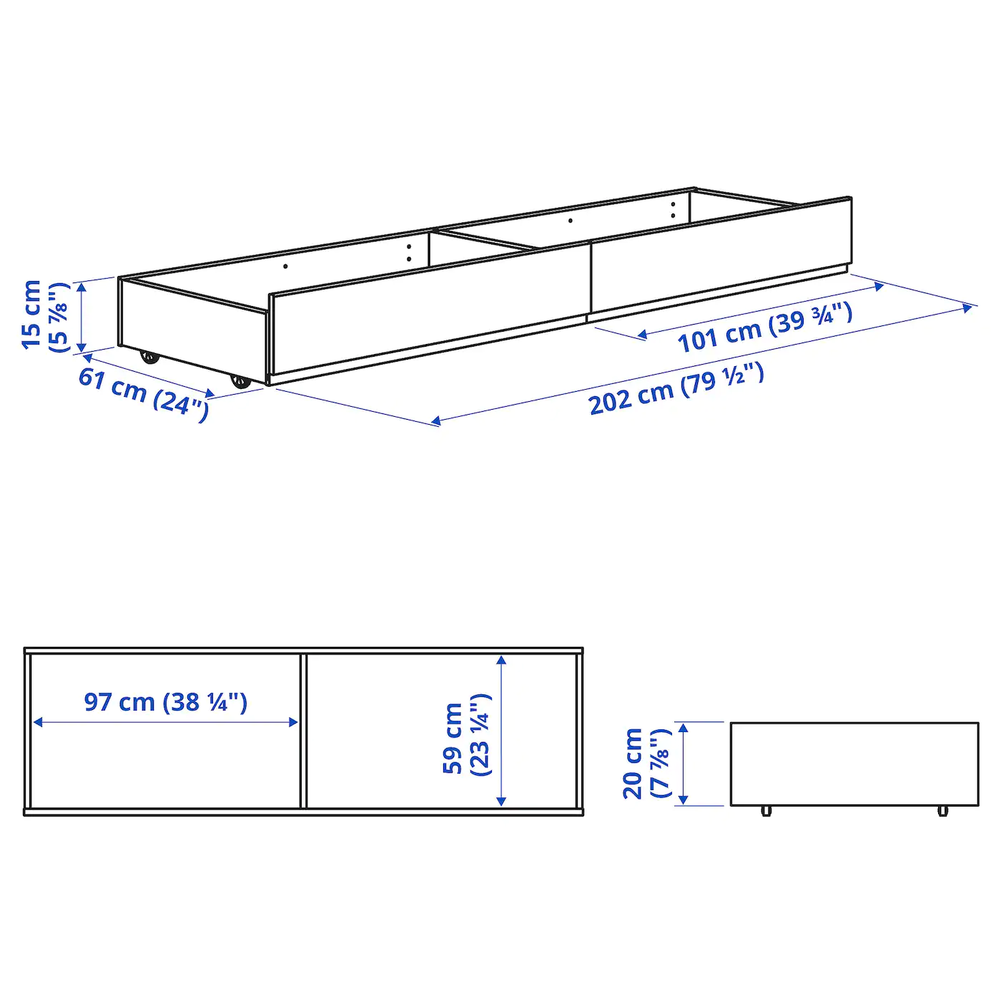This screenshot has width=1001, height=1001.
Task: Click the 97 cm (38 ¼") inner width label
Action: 166,702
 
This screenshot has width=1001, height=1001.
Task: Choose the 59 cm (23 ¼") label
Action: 466,735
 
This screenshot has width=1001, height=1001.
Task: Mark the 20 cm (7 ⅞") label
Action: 646,764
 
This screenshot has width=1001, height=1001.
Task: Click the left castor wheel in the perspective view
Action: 149,356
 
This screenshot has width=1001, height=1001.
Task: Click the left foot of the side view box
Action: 766,811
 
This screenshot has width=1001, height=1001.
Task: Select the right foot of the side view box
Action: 942,811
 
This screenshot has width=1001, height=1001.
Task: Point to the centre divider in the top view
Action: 303,731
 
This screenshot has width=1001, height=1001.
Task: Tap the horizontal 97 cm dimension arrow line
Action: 166,722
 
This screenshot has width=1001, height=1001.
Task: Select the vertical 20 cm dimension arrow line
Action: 684,764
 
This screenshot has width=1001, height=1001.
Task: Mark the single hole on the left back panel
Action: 285,266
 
